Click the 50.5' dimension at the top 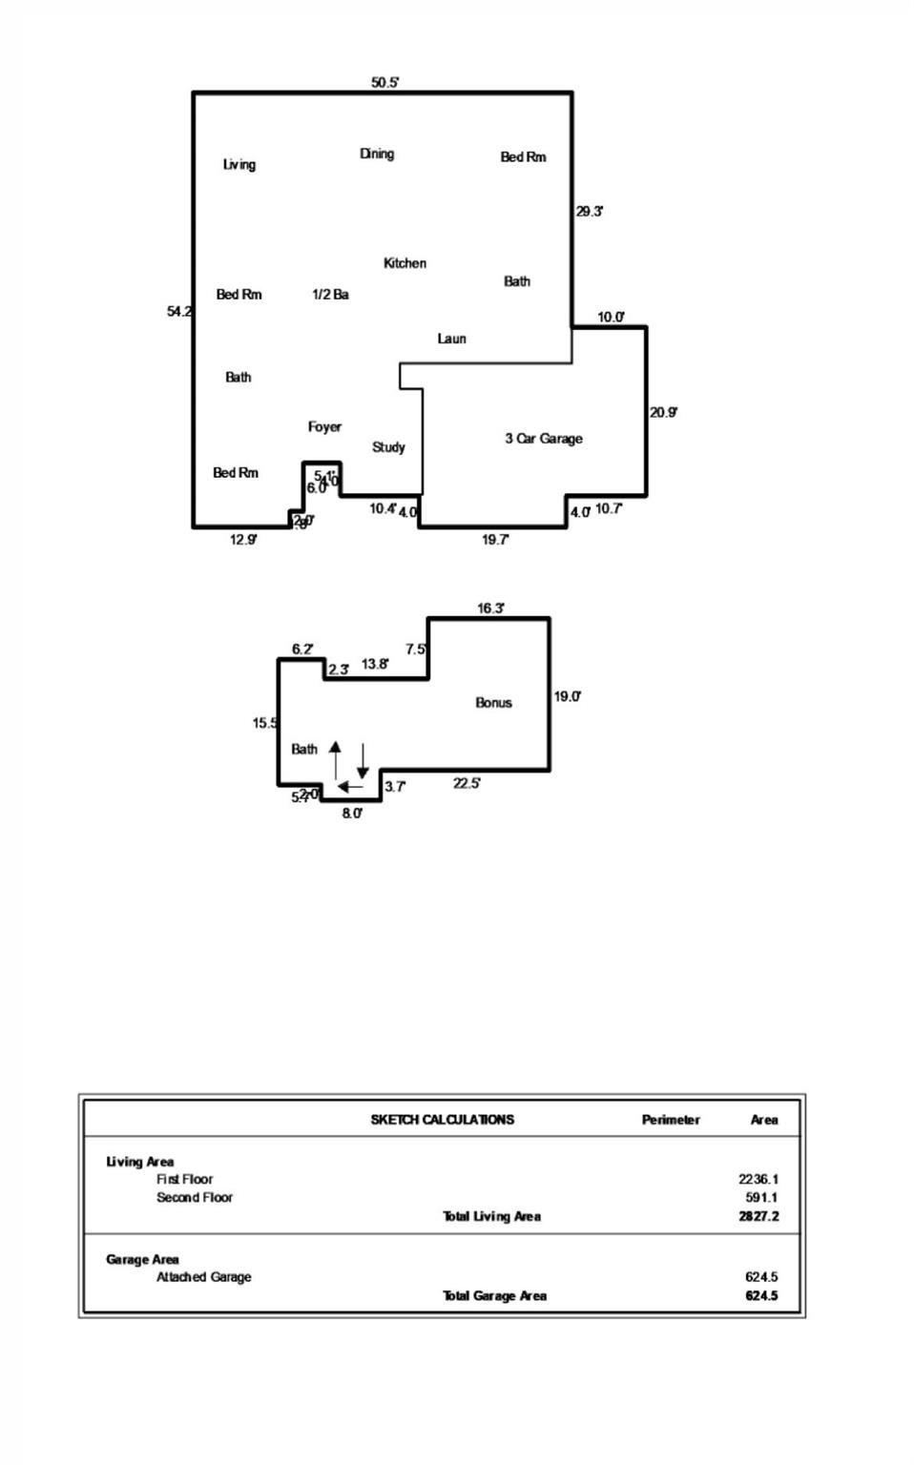(384, 83)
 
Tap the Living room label (239, 164)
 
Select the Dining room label (377, 154)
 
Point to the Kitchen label (405, 263)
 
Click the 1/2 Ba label (330, 295)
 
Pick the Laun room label (451, 339)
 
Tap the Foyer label (324, 426)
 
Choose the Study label (388, 447)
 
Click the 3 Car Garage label (543, 439)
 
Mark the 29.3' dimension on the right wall (589, 212)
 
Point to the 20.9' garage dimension (663, 413)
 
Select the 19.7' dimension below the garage (494, 540)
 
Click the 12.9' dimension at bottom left (243, 540)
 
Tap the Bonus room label (493, 703)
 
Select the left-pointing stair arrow (350, 787)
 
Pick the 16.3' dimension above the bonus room (490, 609)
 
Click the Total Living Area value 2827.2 (758, 1216)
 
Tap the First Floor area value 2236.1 (758, 1179)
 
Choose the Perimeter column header (671, 1120)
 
